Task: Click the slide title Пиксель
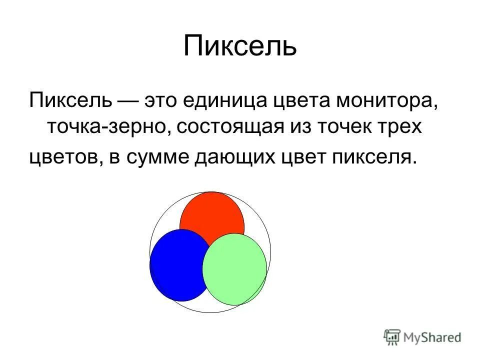(x=240, y=46)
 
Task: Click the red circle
(x=212, y=212)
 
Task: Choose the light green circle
(x=235, y=269)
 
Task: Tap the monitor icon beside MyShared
(x=392, y=337)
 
